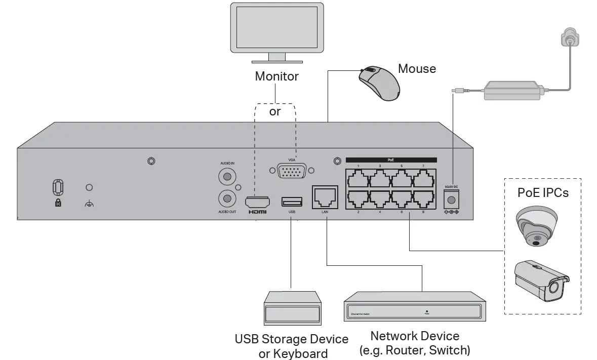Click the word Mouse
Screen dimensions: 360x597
point(417,68)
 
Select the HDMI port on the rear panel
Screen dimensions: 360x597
point(257,202)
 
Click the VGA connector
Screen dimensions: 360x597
point(291,171)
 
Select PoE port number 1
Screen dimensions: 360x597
point(357,178)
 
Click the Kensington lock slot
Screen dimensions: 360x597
point(58,187)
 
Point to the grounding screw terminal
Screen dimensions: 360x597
point(89,188)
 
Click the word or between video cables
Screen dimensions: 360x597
point(275,111)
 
